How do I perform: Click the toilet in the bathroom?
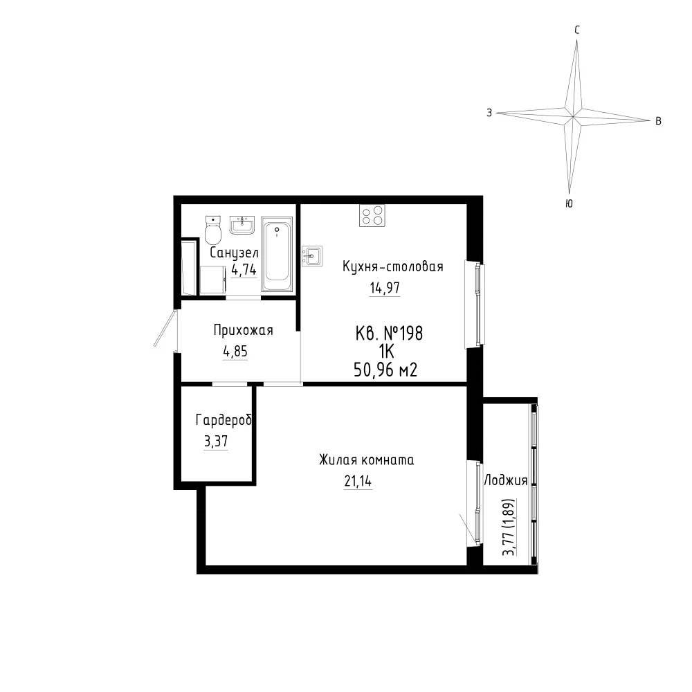click(212, 230)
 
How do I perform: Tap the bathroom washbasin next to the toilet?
click(242, 225)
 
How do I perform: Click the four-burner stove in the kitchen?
click(372, 216)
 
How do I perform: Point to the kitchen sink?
click(311, 256)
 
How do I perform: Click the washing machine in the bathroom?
click(213, 280)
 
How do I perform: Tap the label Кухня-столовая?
click(393, 266)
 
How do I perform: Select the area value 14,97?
click(384, 288)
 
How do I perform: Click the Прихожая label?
click(243, 330)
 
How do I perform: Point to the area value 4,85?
click(235, 352)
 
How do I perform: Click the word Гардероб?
click(224, 420)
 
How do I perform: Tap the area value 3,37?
click(216, 441)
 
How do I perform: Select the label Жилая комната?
click(366, 460)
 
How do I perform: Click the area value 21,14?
click(358, 482)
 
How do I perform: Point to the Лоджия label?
click(506, 481)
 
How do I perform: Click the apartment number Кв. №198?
click(389, 334)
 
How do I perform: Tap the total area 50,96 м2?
click(385, 370)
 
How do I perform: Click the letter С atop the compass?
click(577, 30)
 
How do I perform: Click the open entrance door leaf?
click(165, 328)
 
